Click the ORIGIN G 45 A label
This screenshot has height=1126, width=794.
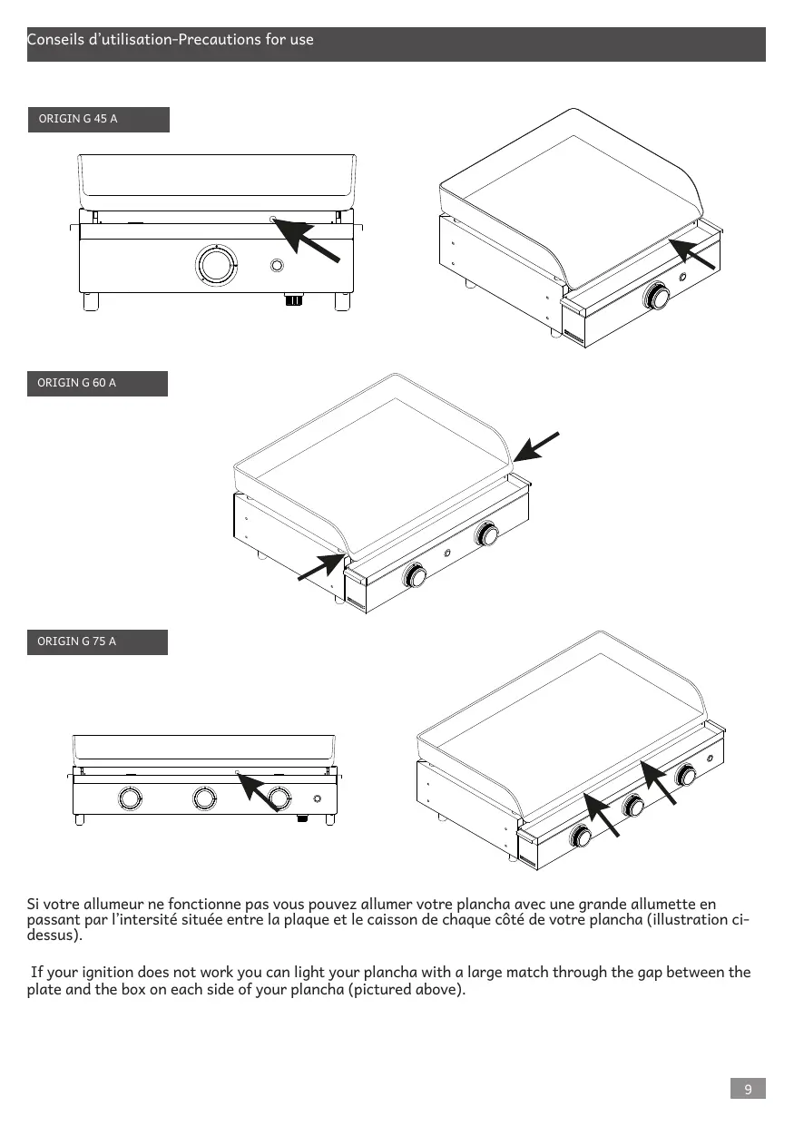(78, 119)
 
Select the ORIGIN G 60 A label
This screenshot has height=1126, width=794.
(76, 383)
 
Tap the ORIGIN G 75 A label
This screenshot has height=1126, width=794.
(76, 641)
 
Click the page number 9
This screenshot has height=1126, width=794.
(748, 1089)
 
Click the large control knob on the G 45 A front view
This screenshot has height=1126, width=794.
(216, 265)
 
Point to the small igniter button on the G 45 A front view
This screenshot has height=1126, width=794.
(277, 266)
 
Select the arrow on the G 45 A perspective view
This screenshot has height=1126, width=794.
(692, 254)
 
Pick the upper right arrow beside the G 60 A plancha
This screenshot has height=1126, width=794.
(536, 446)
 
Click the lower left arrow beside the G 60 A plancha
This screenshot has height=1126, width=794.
(322, 567)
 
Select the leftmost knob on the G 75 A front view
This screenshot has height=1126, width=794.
(131, 798)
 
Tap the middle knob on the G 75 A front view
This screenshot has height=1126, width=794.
(205, 798)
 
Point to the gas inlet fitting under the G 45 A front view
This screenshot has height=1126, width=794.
(294, 299)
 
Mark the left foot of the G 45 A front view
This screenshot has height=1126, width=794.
(91, 301)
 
